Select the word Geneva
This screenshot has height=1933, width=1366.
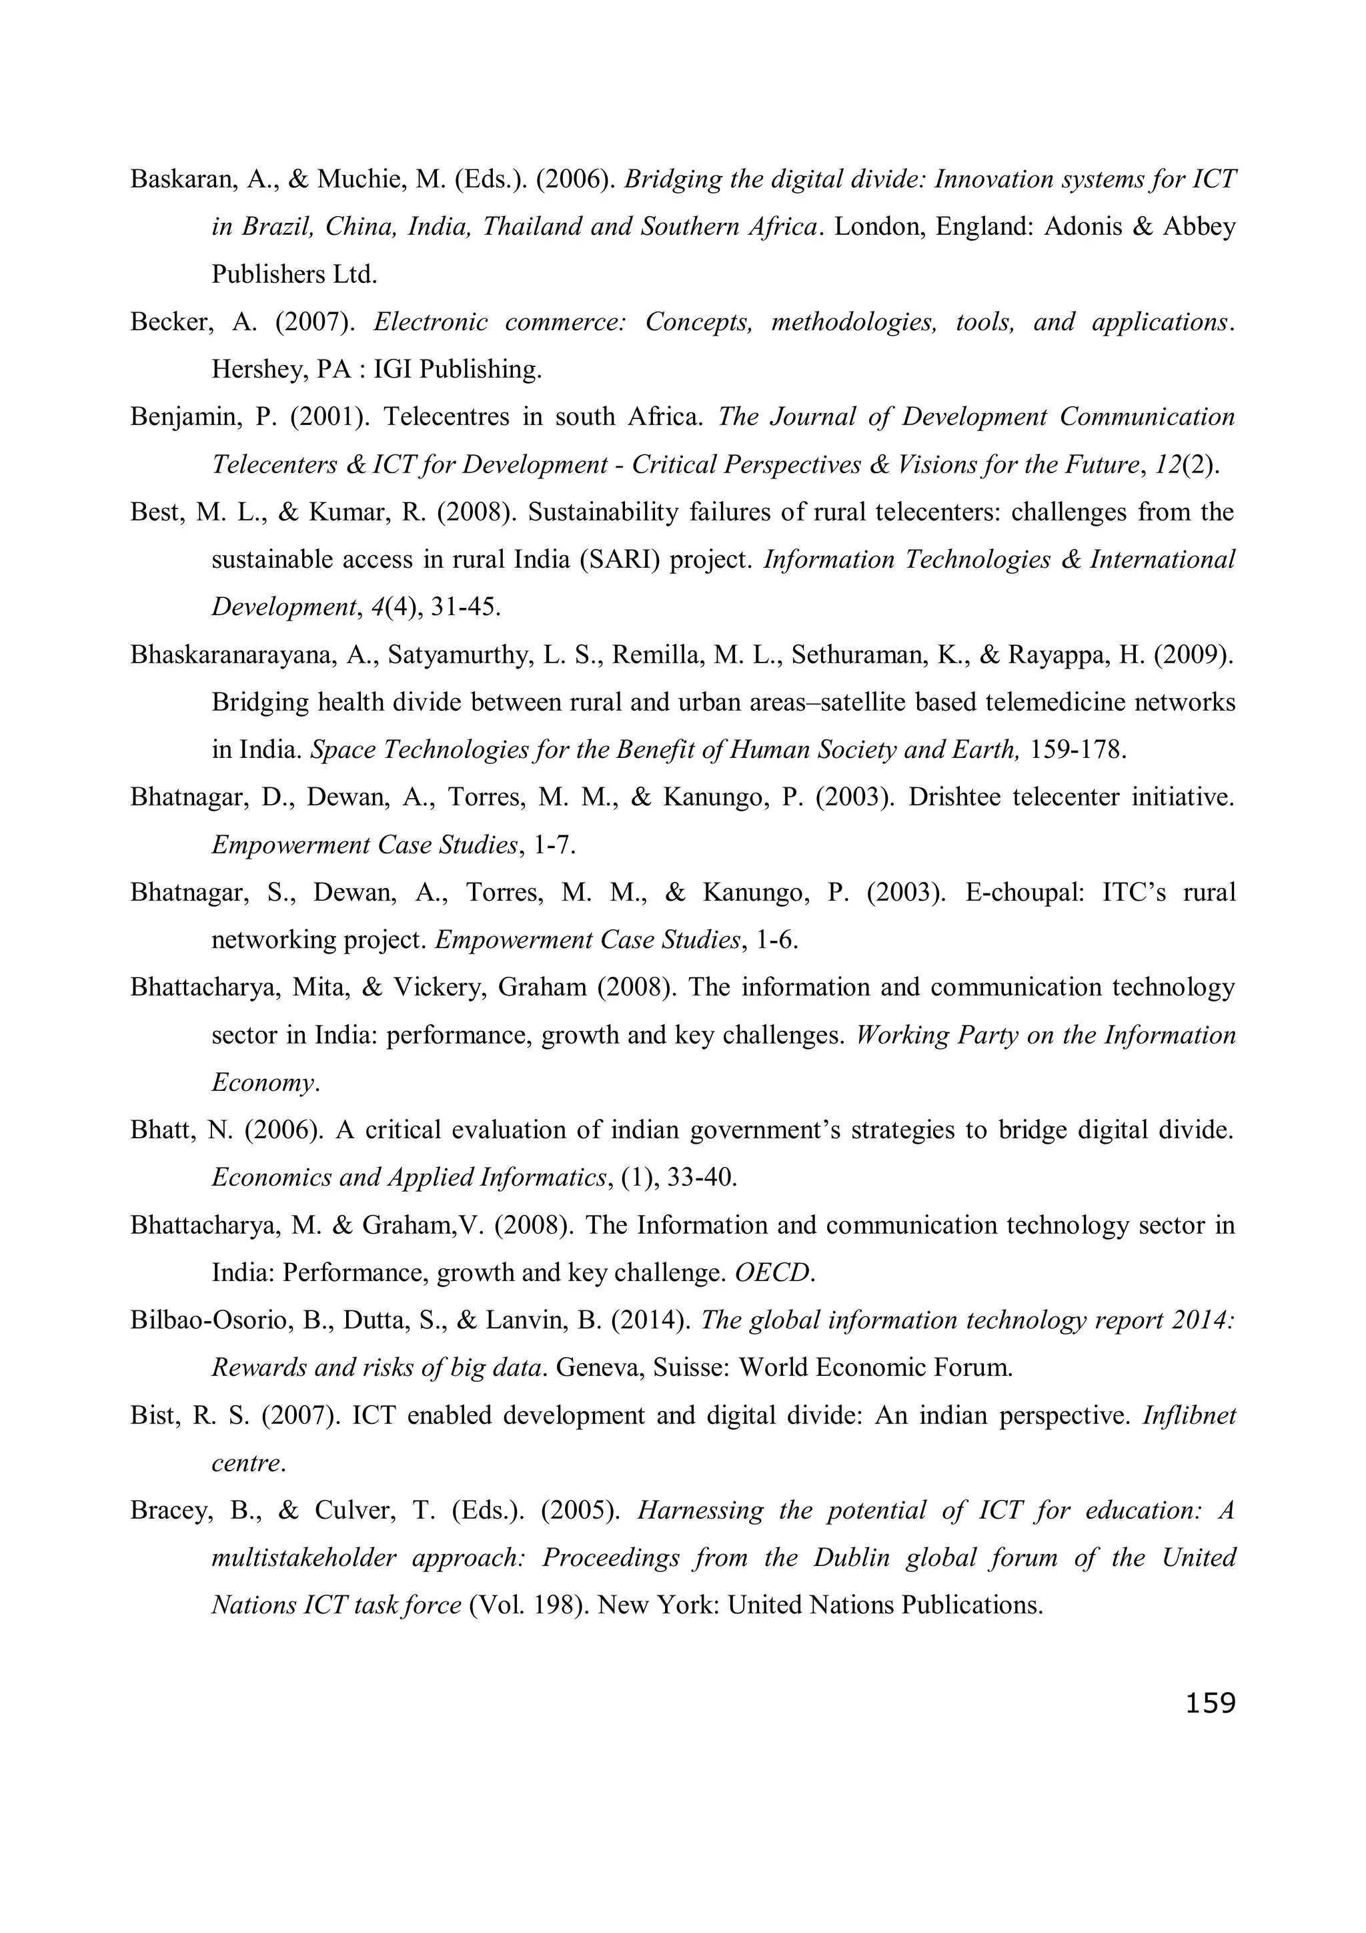(594, 1367)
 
